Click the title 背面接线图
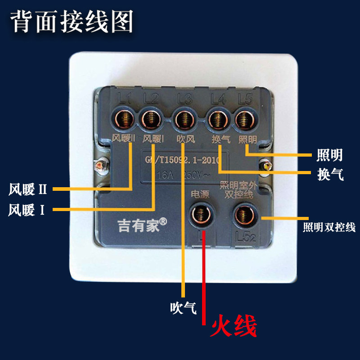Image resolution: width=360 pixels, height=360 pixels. [72, 22]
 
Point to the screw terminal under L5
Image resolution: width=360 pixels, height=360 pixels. [245, 120]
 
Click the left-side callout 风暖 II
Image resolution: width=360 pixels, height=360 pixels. [28, 189]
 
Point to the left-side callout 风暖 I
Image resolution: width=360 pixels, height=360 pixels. [27, 210]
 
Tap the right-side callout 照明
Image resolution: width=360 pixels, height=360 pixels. [330, 155]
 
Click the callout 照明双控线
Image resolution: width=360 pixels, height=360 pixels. [329, 228]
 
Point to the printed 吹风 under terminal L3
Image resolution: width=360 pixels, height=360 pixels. [184, 139]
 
